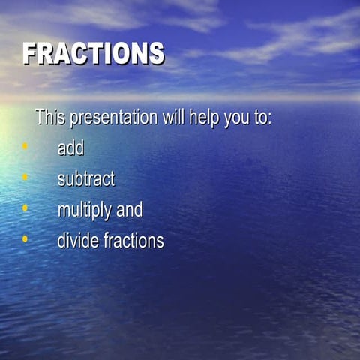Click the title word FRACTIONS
pos(93,54)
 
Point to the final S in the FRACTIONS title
pos(155,54)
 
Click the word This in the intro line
pos(49,118)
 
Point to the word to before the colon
pos(260,118)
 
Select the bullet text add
pos(70,148)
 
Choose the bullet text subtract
pos(86,179)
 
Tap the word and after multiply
pos(129,211)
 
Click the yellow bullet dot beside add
pos(25,146)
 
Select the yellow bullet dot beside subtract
pos(25,177)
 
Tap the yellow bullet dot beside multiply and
pos(25,208)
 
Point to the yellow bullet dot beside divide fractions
pos(25,238)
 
